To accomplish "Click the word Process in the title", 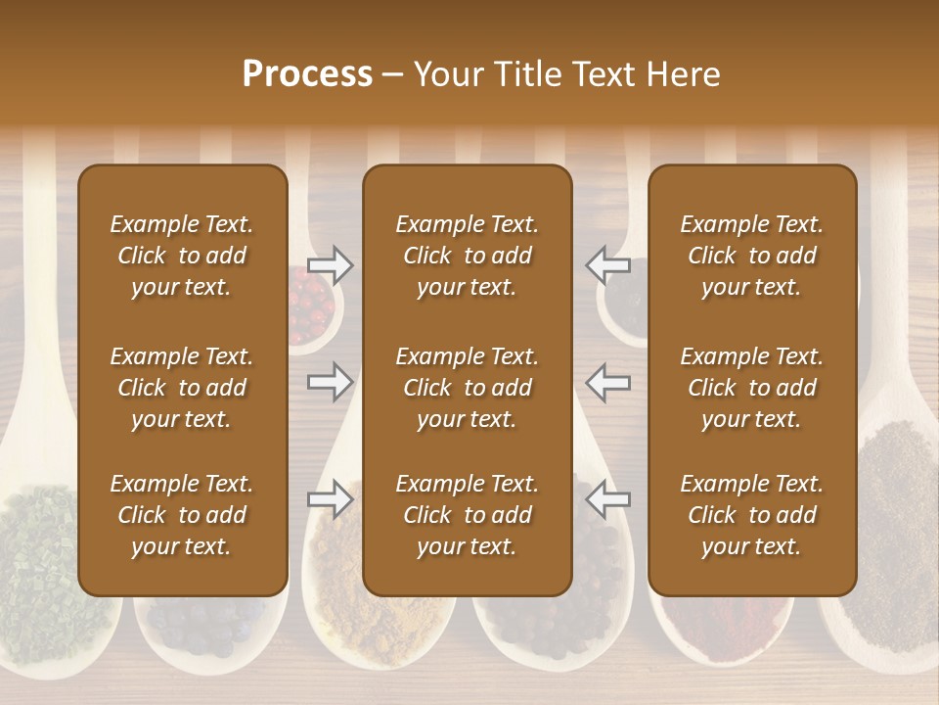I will click(x=307, y=74).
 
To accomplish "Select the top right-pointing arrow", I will click(x=330, y=264).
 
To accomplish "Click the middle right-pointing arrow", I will click(x=330, y=381).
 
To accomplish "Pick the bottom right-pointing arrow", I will click(x=330, y=498).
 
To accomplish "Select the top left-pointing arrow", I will click(x=607, y=264).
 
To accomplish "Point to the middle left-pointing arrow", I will click(x=607, y=381).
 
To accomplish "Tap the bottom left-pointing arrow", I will click(x=607, y=498).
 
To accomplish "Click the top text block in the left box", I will click(x=182, y=256).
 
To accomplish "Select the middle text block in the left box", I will click(x=182, y=388).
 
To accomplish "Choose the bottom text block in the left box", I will click(x=182, y=515).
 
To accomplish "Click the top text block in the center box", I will click(x=467, y=256).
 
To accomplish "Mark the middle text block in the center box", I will click(x=467, y=388).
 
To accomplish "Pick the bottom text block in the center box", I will click(x=467, y=515).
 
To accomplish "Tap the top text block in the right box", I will click(x=751, y=256).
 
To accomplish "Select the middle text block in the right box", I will click(x=751, y=388).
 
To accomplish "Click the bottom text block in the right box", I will click(x=751, y=515).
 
